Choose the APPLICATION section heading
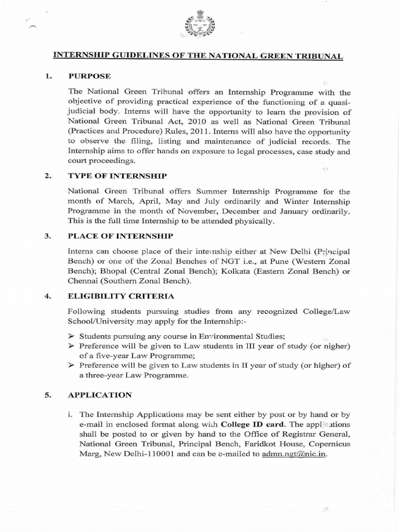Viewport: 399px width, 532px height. pos(100,395)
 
